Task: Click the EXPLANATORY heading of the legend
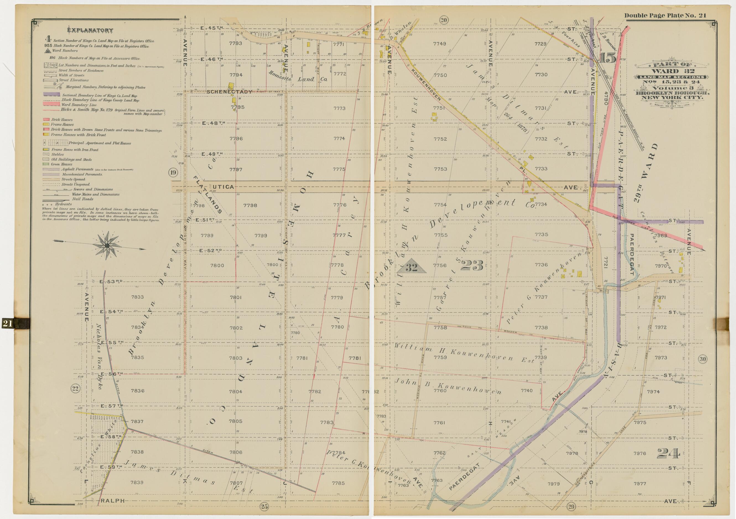click(90, 30)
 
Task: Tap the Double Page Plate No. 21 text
click(665, 16)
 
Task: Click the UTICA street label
click(223, 187)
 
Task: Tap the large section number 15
click(607, 58)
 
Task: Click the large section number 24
click(668, 453)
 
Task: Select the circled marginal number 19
click(173, 173)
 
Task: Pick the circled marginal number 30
click(702, 359)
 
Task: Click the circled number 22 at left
click(75, 389)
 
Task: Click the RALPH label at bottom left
click(112, 500)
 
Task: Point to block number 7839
click(137, 482)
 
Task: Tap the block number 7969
click(660, 235)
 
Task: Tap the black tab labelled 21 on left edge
click(8, 324)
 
